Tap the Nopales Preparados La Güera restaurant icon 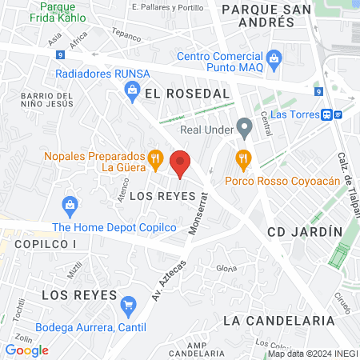pyautogui.click(x=156, y=158)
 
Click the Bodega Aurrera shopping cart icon pyautogui.click(x=127, y=304)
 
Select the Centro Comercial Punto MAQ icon pyautogui.click(x=274, y=58)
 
